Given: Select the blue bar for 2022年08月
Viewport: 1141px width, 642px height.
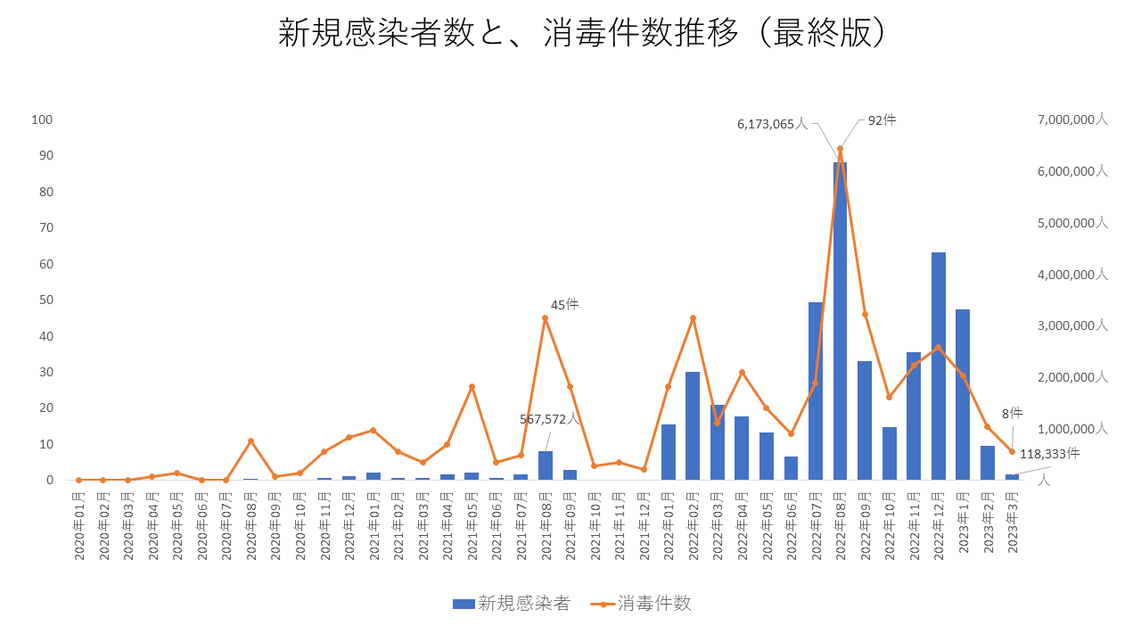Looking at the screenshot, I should click(x=840, y=321).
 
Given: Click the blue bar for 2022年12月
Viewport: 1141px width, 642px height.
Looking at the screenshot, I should click(x=938, y=366).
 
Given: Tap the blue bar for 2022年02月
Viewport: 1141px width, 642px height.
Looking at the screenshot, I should click(x=693, y=426).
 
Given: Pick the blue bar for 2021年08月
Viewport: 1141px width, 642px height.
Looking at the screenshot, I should click(x=546, y=465).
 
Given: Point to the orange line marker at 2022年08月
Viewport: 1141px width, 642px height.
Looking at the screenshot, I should click(x=840, y=149).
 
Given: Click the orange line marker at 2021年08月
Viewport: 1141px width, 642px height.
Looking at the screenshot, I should click(x=546, y=318).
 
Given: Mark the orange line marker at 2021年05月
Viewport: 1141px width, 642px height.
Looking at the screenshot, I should click(x=472, y=387).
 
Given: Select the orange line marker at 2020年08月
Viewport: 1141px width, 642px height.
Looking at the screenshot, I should click(x=250, y=440).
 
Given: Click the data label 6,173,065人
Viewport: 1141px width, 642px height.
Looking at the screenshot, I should click(x=772, y=125).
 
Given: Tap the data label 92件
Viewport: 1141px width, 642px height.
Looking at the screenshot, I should click(x=882, y=120).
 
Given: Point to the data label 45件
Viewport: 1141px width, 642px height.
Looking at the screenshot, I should click(x=564, y=305).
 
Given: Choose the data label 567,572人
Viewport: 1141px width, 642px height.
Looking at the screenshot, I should click(x=551, y=419).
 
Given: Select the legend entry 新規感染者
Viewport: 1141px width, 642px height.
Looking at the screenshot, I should click(x=512, y=604).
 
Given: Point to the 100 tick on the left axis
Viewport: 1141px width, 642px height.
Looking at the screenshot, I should click(x=42, y=119).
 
